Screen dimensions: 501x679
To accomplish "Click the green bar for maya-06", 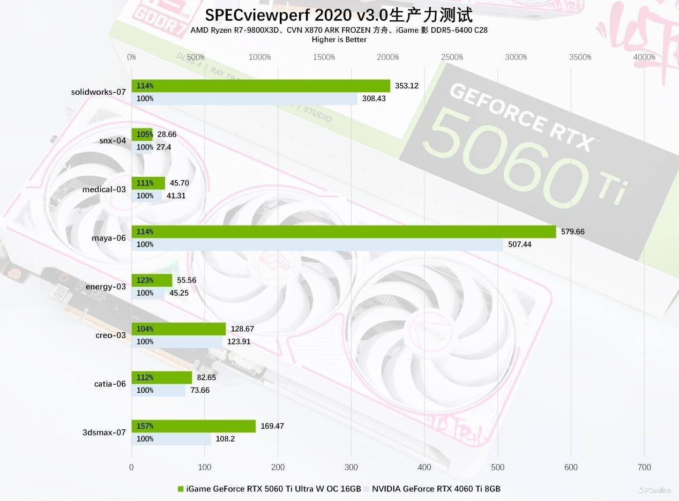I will point(344,231).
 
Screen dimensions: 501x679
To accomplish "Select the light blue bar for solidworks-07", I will point(244,99).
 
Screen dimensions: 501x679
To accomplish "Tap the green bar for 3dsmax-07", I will point(193,426).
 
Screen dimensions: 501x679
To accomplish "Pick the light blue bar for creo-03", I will point(177,342).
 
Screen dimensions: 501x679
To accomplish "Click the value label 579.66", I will point(573,231).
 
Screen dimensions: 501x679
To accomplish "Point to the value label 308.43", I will point(374,99).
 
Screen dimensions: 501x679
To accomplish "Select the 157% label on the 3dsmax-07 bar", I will point(145,426).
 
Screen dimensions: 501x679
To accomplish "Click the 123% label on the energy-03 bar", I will point(145,280).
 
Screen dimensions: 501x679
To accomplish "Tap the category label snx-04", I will point(113,140).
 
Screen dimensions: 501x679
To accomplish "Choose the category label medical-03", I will point(104,189).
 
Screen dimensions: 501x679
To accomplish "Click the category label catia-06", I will point(110,384).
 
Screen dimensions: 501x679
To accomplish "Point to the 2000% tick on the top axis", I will point(387,57).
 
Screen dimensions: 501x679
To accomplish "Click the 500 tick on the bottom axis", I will point(497,467).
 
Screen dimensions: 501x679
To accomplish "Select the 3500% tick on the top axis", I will point(580,57).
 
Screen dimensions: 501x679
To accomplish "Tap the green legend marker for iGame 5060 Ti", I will point(181,489).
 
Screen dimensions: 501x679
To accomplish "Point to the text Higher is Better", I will point(339,39).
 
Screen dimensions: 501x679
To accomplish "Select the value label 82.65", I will point(206,377).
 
